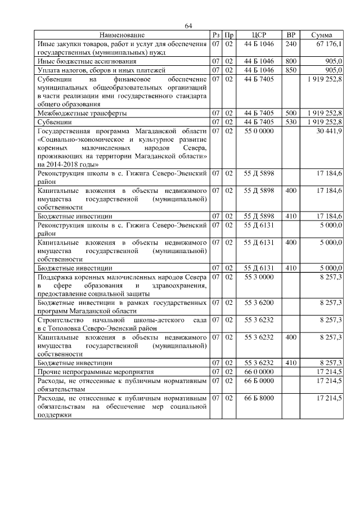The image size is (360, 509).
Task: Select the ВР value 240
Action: point(291,43)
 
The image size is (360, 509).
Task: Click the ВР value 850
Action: point(291,70)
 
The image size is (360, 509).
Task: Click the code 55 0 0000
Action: point(259,130)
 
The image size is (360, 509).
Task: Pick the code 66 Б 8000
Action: point(259,398)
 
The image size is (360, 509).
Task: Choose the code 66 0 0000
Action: point(259,372)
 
